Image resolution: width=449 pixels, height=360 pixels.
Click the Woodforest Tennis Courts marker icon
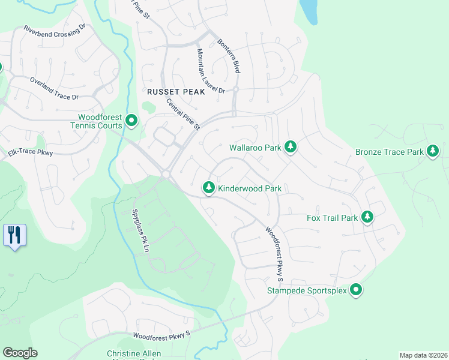[x=131, y=122]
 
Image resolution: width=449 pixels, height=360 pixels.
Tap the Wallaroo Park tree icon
[x=291, y=146]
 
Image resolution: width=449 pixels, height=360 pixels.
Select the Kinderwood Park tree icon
[x=209, y=188]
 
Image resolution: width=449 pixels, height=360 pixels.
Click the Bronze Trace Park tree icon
[x=432, y=152]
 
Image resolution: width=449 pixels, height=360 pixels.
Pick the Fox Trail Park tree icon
[x=366, y=217]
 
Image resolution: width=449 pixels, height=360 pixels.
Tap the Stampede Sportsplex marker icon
[x=356, y=291]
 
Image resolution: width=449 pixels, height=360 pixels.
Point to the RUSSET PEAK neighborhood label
[x=172, y=92]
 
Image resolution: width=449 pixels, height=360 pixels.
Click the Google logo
[x=20, y=353]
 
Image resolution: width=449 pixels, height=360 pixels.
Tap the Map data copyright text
[x=423, y=355]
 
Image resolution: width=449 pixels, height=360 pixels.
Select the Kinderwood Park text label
[x=250, y=188]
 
